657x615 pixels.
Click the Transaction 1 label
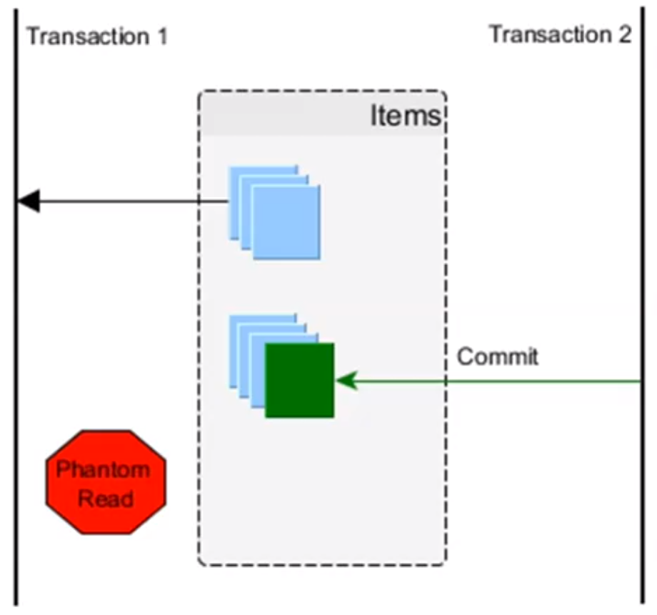coord(96,36)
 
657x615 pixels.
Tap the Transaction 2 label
coord(560,34)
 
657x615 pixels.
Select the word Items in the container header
coord(405,116)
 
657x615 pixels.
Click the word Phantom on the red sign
coord(104,470)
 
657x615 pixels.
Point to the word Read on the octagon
coord(105,498)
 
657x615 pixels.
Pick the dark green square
coord(299,380)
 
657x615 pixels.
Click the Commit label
coord(497,356)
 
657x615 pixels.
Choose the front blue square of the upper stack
coord(286,222)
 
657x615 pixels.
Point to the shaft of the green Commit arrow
coord(500,382)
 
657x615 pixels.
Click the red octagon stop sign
coord(105,481)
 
